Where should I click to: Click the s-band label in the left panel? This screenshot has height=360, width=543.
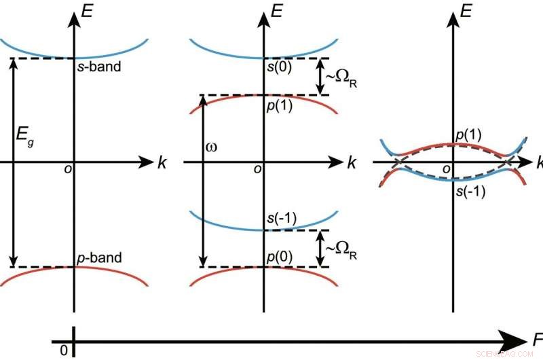click(98, 69)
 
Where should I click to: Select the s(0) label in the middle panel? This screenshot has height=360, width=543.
click(280, 69)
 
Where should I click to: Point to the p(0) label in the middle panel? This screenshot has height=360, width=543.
click(280, 258)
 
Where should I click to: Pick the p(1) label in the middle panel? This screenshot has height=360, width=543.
click(280, 107)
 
